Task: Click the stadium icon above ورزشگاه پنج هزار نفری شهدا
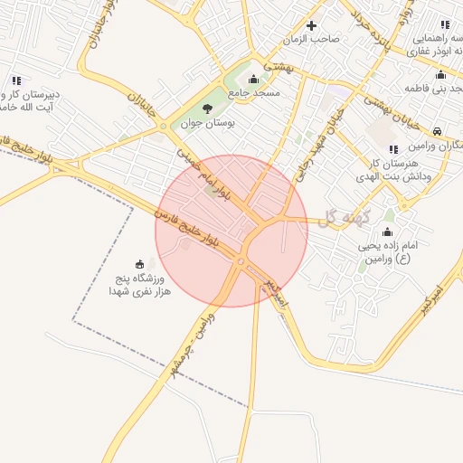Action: pyautogui.click(x=139, y=264)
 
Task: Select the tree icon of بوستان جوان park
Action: pyautogui.click(x=208, y=109)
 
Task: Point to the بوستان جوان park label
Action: pyautogui.click(x=207, y=124)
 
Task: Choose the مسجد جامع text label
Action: pyautogui.click(x=254, y=92)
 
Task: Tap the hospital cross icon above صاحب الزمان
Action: pyautogui.click(x=312, y=25)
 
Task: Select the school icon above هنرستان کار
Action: pyautogui.click(x=392, y=149)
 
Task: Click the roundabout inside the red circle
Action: pyautogui.click(x=241, y=262)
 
